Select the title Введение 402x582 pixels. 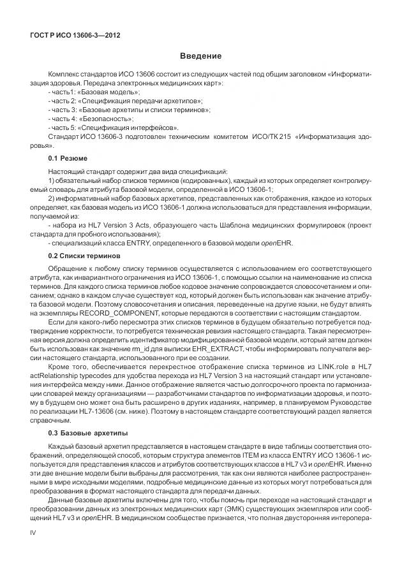tap(200, 57)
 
